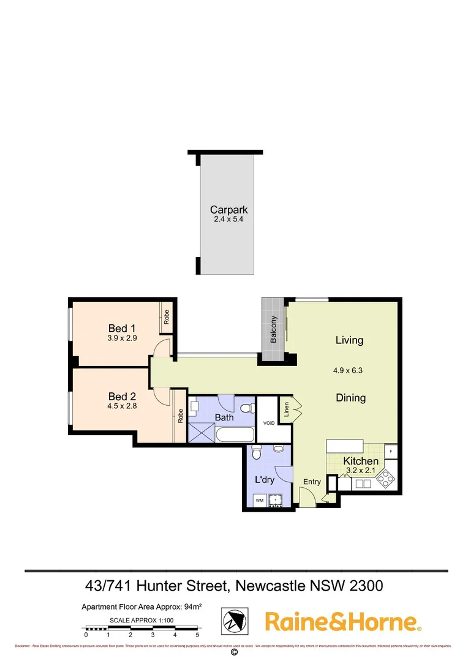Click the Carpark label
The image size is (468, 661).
pyautogui.click(x=228, y=209)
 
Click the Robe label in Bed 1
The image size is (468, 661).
pyautogui.click(x=166, y=316)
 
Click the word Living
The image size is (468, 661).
pyautogui.click(x=349, y=340)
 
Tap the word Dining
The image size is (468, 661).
pyautogui.click(x=350, y=398)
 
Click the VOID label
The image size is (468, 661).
pyautogui.click(x=268, y=422)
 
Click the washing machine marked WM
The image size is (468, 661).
pyautogui.click(x=259, y=501)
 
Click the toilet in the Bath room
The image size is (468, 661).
pyautogui.click(x=246, y=408)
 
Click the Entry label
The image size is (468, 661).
pyautogui.click(x=312, y=482)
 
